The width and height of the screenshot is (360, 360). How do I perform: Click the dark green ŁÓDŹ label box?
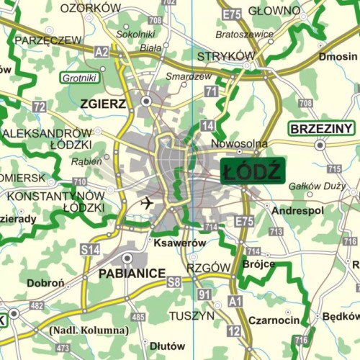(252, 171)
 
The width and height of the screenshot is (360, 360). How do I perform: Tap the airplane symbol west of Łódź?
(148, 202)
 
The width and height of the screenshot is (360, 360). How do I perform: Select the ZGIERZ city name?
(104, 104)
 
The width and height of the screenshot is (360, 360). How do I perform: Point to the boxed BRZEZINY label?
(322, 129)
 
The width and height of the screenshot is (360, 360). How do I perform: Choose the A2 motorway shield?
(102, 51)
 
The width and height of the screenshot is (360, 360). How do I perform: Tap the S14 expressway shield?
(89, 249)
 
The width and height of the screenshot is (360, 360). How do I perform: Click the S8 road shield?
(174, 282)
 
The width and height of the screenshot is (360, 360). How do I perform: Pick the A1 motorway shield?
(235, 302)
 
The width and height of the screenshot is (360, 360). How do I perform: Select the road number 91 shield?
(204, 294)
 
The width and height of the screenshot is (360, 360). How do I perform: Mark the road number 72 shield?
(39, 107)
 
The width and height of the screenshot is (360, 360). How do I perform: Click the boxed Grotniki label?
(79, 78)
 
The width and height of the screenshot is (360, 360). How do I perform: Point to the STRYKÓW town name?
(227, 56)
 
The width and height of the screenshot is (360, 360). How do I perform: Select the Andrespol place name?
(297, 210)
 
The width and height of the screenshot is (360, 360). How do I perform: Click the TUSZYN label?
(192, 315)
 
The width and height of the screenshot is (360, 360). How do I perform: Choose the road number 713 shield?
(276, 232)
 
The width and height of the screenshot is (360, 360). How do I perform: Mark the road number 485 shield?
(138, 317)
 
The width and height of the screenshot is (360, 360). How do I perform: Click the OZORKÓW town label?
(90, 8)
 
